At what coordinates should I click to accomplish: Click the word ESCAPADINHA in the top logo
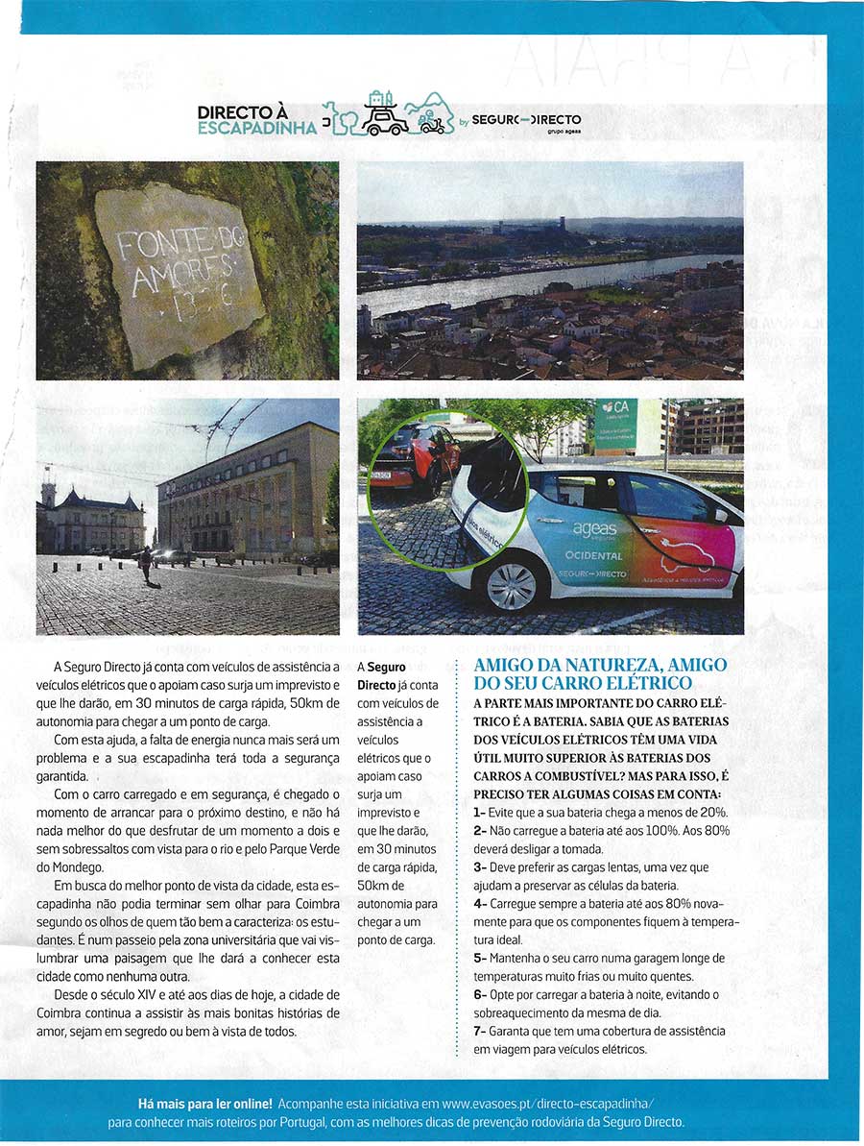256,128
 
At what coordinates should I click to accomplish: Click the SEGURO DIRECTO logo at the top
526,120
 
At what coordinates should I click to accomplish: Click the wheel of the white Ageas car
511,587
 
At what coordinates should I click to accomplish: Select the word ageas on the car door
595,529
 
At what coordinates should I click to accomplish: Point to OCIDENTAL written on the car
594,556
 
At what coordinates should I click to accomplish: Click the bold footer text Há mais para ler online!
206,1104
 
